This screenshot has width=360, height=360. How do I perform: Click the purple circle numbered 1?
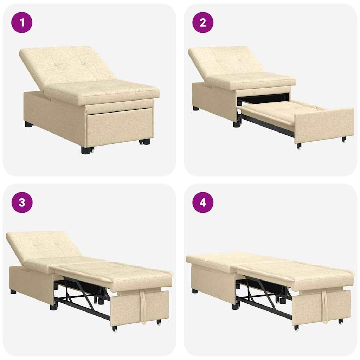(22, 22)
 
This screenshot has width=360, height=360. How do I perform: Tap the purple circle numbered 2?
(203, 22)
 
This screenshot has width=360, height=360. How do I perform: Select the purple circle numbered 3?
(22, 202)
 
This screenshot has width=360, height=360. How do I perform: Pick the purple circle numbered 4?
(203, 202)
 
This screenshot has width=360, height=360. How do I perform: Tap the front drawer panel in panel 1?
(120, 127)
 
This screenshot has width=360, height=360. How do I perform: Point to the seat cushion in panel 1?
(102, 91)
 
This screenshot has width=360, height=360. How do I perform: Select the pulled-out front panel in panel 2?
(323, 125)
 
